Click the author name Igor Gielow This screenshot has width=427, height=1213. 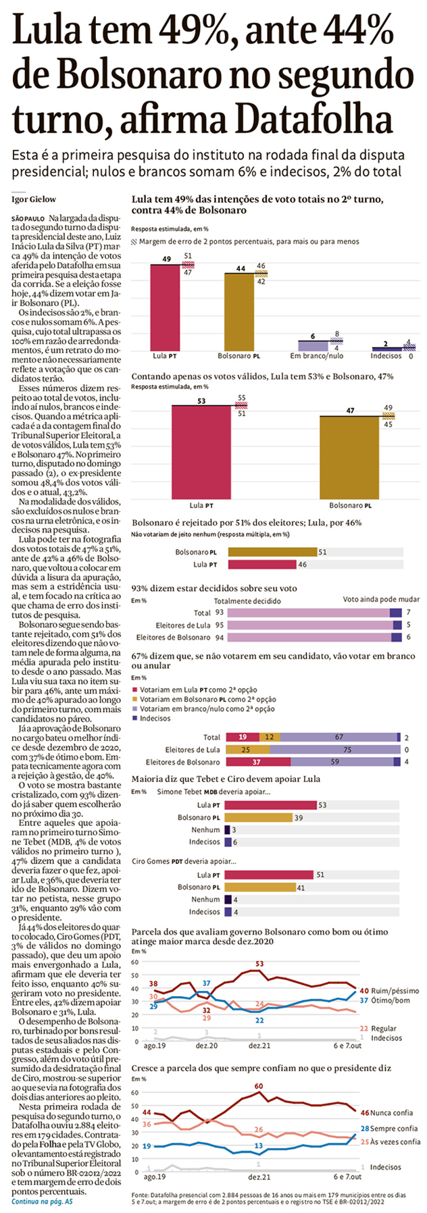coord(34,199)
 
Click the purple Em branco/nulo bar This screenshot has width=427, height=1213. coord(312,345)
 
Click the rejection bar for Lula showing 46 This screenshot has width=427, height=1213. coord(261,564)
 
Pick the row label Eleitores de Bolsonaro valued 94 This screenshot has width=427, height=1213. coord(173,637)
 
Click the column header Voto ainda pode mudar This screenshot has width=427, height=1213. coord(381,599)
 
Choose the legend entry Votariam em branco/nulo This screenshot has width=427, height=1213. coord(207,709)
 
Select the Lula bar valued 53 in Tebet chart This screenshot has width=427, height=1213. coord(270,805)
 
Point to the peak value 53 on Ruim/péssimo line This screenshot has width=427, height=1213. coord(260,964)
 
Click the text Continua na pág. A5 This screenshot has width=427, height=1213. coord(43,1202)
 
